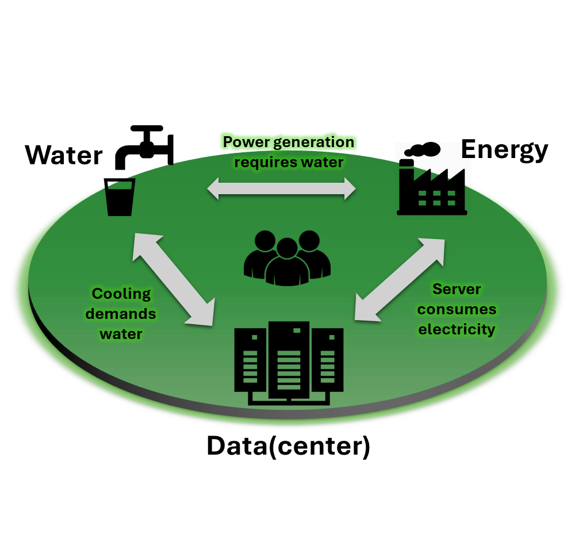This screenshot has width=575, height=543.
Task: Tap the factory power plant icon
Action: pos(432,192)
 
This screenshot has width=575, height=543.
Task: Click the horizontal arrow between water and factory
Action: pos(282,188)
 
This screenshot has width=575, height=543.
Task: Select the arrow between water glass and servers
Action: pos(174,279)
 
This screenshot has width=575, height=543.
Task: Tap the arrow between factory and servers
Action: pos(400,279)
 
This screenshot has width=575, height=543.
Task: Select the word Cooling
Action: pos(121,294)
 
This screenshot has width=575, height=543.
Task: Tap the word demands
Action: pos(121,314)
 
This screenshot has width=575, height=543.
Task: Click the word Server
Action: pos(457,289)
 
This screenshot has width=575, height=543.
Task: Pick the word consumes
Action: pos(457,309)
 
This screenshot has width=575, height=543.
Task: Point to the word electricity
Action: pos(457,329)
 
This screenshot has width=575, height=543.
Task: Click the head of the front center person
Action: pos(287,248)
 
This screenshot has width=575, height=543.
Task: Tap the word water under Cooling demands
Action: pos(121,334)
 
